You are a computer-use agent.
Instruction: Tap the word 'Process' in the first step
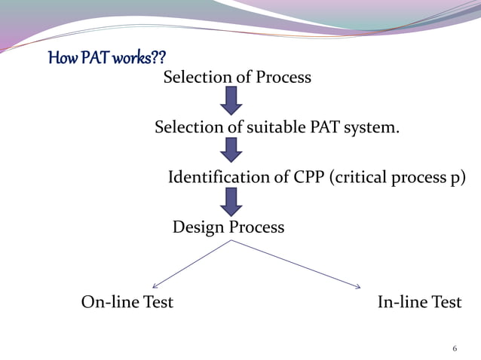click(282, 77)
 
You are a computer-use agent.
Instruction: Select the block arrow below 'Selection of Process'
click(231, 100)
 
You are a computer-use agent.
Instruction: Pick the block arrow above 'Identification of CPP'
click(231, 150)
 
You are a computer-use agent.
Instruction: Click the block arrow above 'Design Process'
click(231, 201)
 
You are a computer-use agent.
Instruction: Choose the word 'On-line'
click(106, 303)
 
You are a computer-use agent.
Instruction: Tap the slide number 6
click(455, 349)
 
